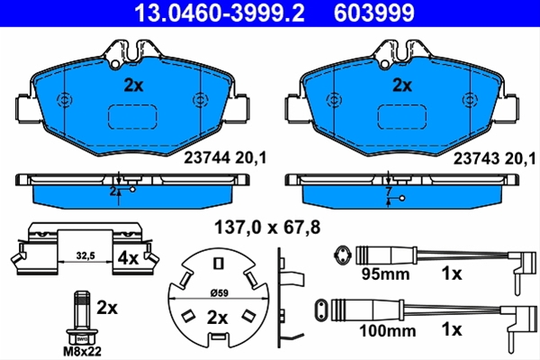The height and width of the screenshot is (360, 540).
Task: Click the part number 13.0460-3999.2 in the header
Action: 220,13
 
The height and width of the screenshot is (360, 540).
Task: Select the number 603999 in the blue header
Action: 374,13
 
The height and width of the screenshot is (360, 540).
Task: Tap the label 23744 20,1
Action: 225,158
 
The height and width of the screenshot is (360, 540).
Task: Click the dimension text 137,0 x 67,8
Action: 267,228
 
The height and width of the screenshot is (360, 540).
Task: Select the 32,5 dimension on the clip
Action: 85,256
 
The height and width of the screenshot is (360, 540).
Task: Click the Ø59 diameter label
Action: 219,292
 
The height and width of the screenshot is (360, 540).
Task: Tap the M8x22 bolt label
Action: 82,351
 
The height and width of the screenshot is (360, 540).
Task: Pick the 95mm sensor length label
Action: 385,274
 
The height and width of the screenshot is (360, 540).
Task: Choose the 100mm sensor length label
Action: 387,331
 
